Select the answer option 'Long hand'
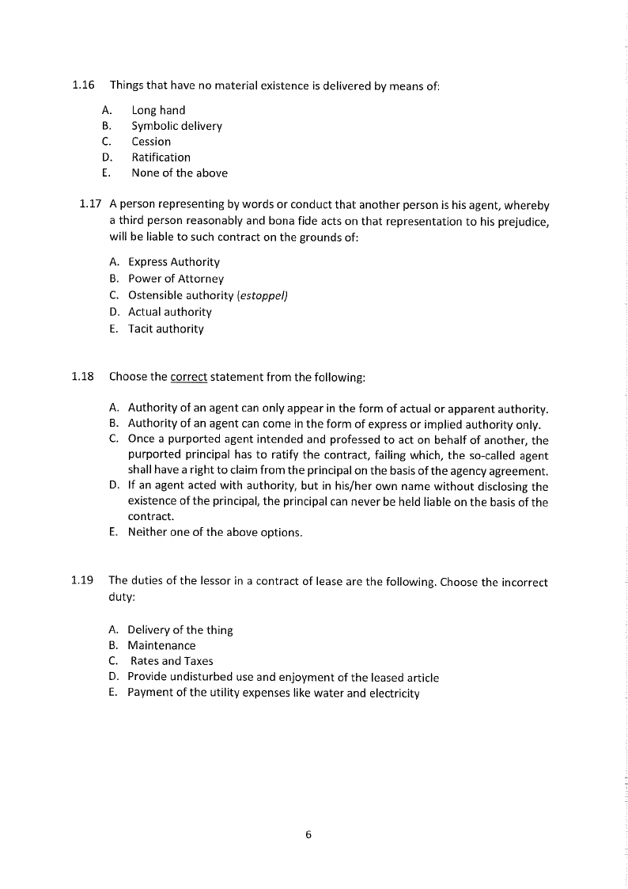(158, 111)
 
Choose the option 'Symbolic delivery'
(176, 127)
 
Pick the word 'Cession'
(151, 142)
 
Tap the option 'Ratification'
(161, 158)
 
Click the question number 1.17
(91, 205)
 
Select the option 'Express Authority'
(174, 262)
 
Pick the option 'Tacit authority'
(165, 329)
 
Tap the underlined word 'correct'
(188, 378)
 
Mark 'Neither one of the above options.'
(214, 532)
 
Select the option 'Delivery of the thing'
(180, 630)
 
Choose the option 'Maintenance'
(161, 645)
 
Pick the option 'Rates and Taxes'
(172, 661)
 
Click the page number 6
(308, 834)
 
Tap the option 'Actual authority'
(170, 312)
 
